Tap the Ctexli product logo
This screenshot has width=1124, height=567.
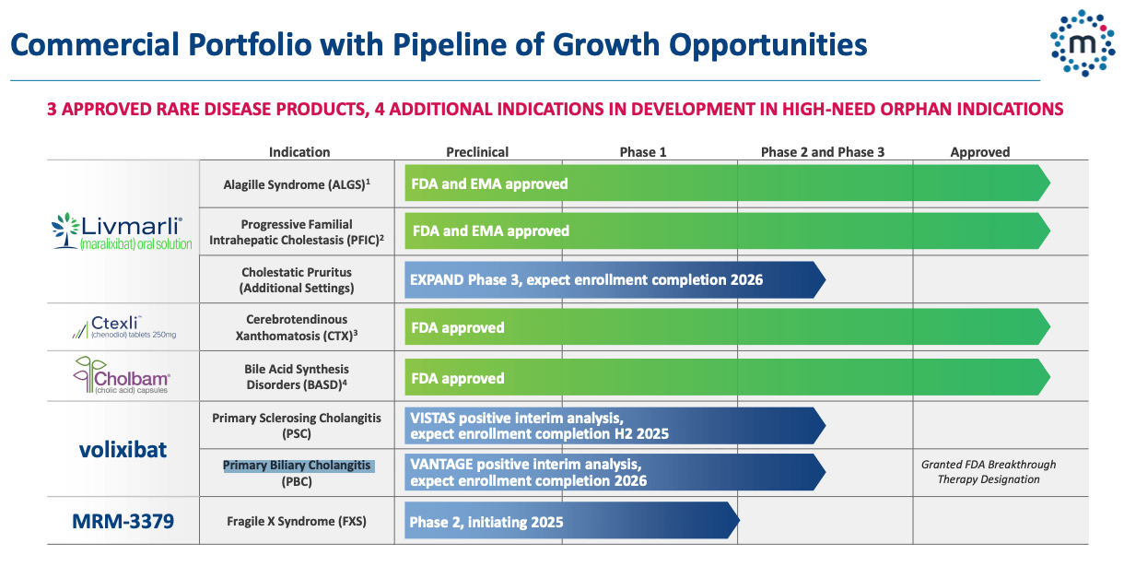[x=123, y=326]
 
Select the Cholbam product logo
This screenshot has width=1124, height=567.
[x=123, y=377]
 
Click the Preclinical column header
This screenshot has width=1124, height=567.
[x=477, y=152]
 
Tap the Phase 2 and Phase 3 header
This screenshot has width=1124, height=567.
[x=823, y=152]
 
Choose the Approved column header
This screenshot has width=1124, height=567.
[x=980, y=152]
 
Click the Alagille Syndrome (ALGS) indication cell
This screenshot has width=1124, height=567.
[x=297, y=184]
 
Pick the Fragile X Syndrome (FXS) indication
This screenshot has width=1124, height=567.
[x=297, y=522]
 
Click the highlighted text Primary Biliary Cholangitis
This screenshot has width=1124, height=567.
[x=298, y=466]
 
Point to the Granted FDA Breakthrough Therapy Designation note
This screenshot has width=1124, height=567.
[x=988, y=472]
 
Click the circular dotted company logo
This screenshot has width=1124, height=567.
[x=1082, y=42]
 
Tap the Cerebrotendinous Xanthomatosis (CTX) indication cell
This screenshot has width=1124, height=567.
[x=297, y=327]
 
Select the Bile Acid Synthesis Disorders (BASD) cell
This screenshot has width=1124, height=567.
[x=297, y=377]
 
